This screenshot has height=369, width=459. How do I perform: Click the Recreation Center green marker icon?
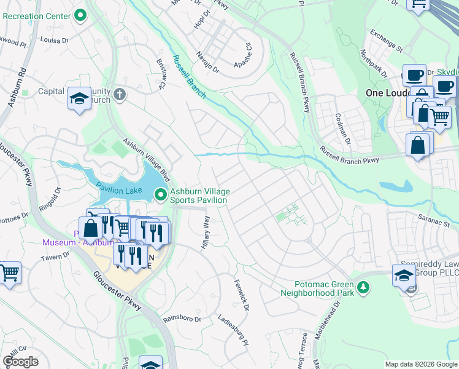point(80,16)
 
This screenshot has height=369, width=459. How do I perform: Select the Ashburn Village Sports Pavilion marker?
point(161,194)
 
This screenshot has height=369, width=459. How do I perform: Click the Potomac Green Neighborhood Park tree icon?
point(363,287)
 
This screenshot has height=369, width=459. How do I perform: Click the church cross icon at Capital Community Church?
point(120,95)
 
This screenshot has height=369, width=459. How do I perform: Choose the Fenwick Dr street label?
point(240,294)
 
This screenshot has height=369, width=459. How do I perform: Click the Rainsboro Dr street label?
point(182,319)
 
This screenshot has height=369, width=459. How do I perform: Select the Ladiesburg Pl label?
point(236,328)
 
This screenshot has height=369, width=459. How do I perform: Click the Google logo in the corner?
point(21,361)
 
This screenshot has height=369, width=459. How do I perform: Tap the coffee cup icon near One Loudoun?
point(414,75)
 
